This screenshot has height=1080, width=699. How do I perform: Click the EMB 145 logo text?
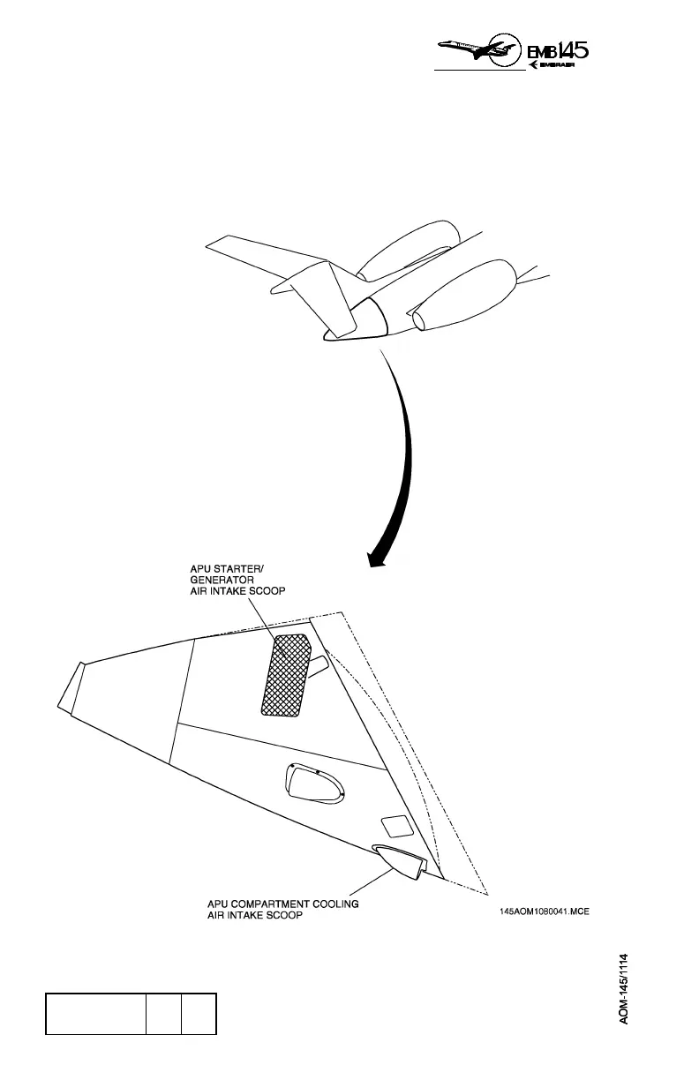pyautogui.click(x=558, y=50)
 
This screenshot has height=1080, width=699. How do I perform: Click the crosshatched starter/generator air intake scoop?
pyautogui.click(x=285, y=674)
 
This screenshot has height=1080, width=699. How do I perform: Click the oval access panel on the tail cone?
pyautogui.click(x=313, y=784)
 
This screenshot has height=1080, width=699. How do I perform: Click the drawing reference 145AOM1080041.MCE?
pyautogui.click(x=544, y=912)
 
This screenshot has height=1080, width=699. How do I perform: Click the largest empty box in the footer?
pyautogui.click(x=96, y=1013)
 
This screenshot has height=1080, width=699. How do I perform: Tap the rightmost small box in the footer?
pyautogui.click(x=199, y=1013)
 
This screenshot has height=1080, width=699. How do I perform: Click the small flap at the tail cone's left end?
pyautogui.click(x=70, y=687)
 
